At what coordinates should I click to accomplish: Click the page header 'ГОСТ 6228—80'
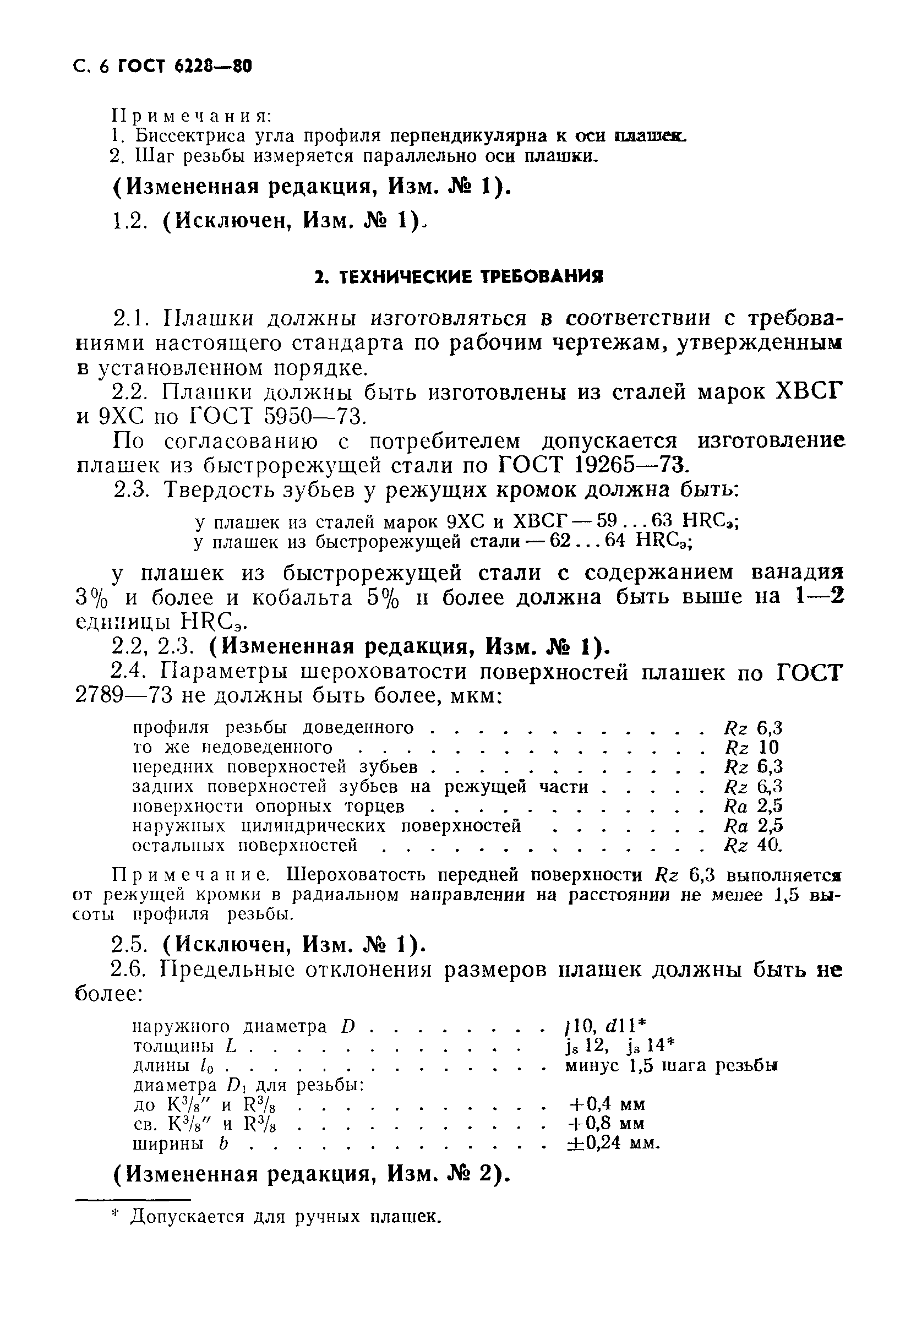[184, 67]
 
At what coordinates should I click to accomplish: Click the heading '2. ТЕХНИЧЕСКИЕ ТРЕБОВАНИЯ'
[459, 277]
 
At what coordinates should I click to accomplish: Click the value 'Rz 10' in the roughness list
[752, 747]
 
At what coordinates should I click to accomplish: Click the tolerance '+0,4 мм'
[606, 1104]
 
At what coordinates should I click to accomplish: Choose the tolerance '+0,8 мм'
[606, 1123]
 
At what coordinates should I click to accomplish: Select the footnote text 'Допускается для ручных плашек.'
[285, 1216]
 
